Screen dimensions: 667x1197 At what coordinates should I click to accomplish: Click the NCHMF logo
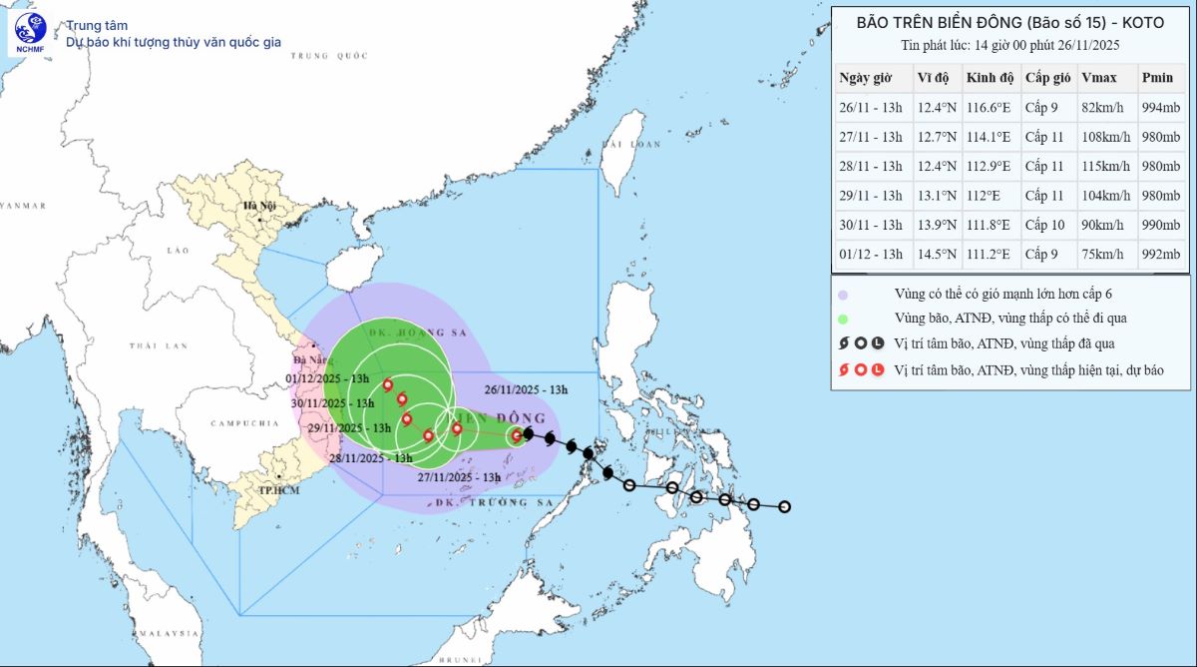(x=30, y=33)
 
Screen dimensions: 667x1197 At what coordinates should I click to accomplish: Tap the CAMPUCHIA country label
(x=243, y=423)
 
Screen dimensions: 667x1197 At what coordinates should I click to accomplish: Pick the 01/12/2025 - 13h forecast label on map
(x=327, y=378)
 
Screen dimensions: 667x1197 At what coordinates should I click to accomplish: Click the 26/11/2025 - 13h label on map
(x=526, y=389)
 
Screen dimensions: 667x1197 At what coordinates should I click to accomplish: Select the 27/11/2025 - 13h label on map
(x=459, y=478)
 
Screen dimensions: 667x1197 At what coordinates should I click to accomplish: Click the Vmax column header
(x=1098, y=78)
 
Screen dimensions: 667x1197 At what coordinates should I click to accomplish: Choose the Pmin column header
(x=1157, y=78)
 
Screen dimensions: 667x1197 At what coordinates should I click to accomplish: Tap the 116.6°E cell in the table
(x=989, y=108)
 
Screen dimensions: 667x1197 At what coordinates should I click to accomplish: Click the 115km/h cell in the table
(x=1103, y=167)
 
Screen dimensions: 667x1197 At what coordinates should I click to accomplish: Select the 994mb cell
(x=1161, y=108)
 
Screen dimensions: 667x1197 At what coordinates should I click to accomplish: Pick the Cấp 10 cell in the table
(x=1046, y=226)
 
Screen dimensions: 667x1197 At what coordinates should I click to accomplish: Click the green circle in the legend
(x=843, y=320)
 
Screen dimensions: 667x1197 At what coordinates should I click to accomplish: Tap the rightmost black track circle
(x=785, y=507)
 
